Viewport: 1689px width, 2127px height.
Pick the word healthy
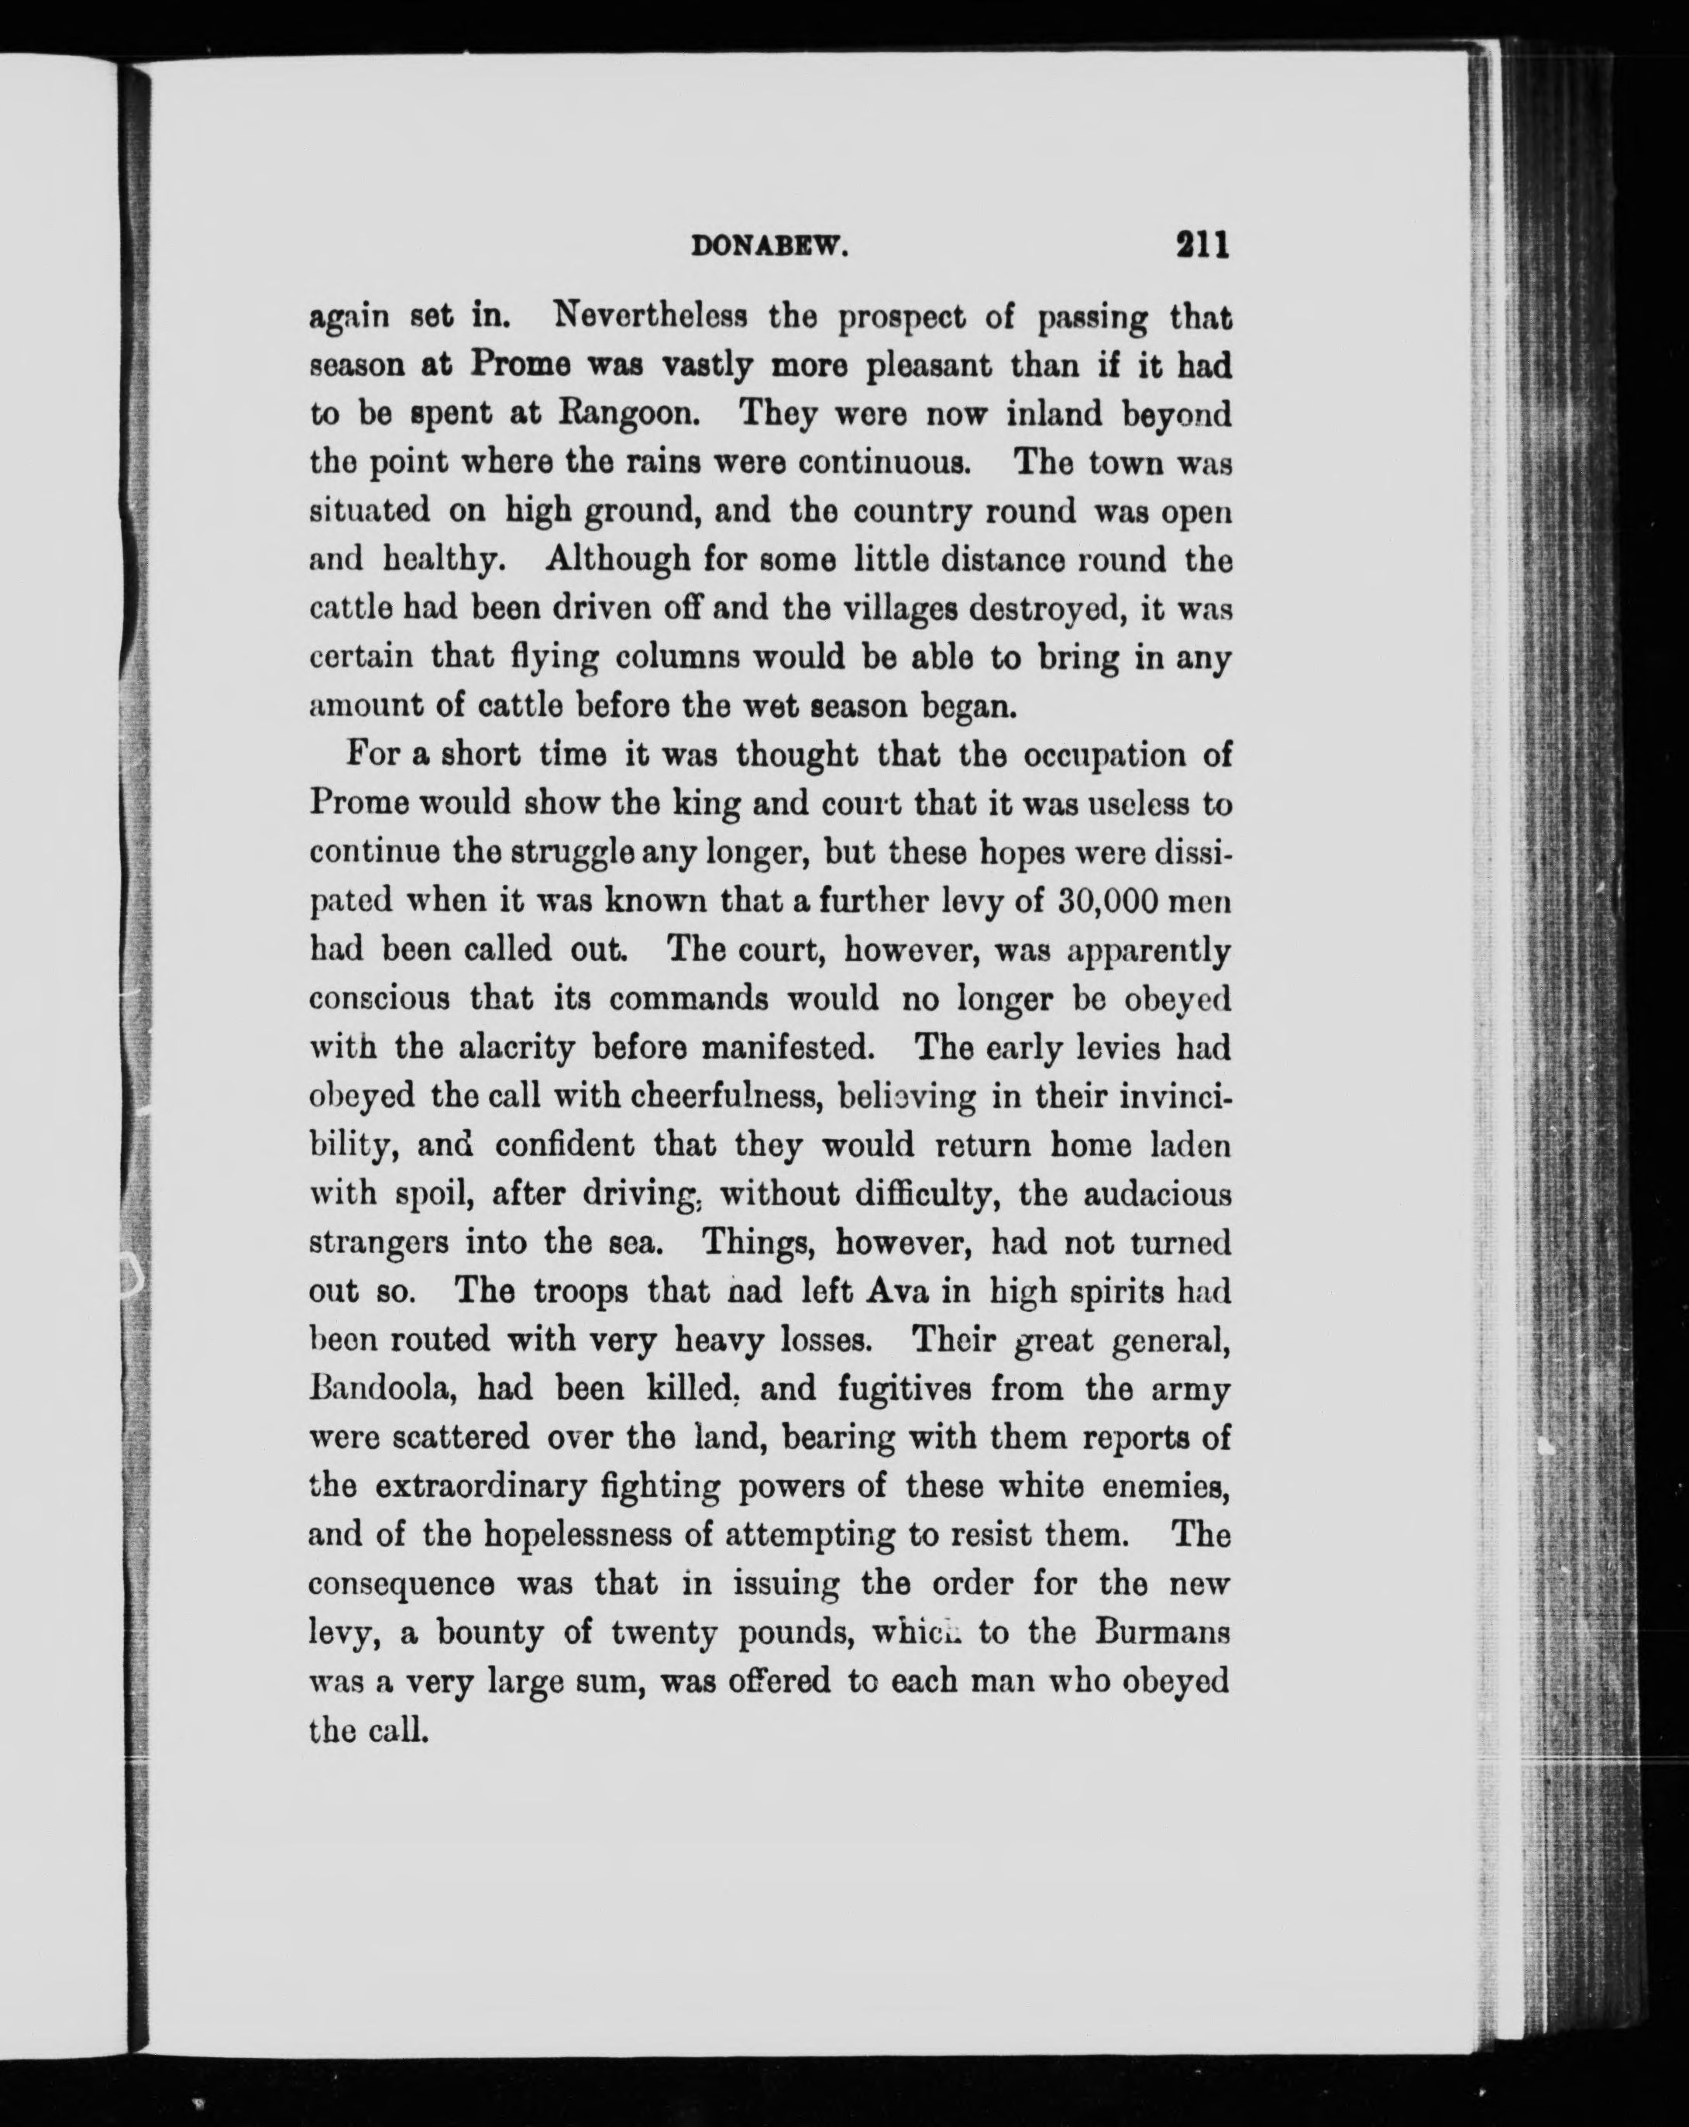(444, 560)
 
